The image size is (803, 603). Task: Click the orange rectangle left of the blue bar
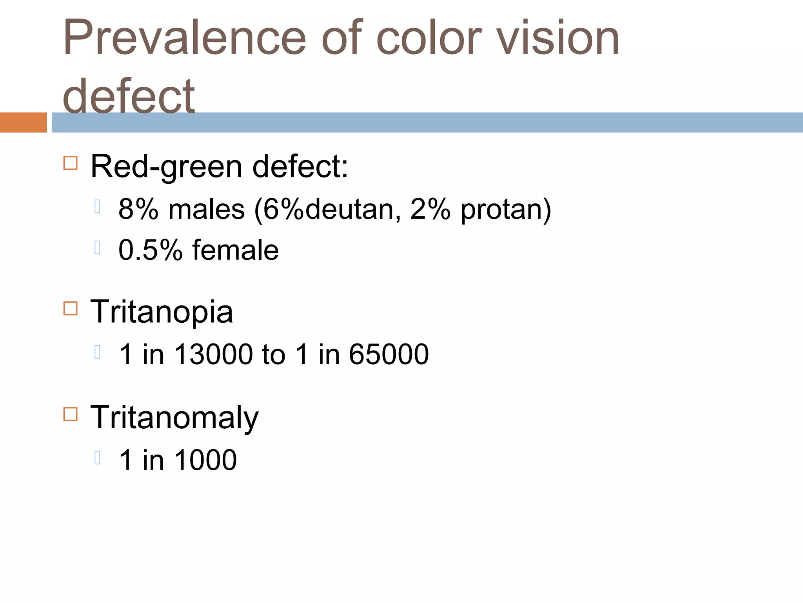(x=23, y=122)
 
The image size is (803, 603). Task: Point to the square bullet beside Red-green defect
(x=70, y=163)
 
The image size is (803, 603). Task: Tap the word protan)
(x=506, y=209)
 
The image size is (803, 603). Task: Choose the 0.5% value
(x=151, y=250)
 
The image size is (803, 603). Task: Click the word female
(x=235, y=250)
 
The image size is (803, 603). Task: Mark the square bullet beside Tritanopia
(x=70, y=308)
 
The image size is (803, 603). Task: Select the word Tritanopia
(x=162, y=312)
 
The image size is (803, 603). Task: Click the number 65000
(x=389, y=354)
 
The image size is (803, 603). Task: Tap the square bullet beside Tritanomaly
(x=70, y=414)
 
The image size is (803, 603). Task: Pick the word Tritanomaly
(x=174, y=418)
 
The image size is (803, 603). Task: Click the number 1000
(x=205, y=460)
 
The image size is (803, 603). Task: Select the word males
(x=207, y=209)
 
